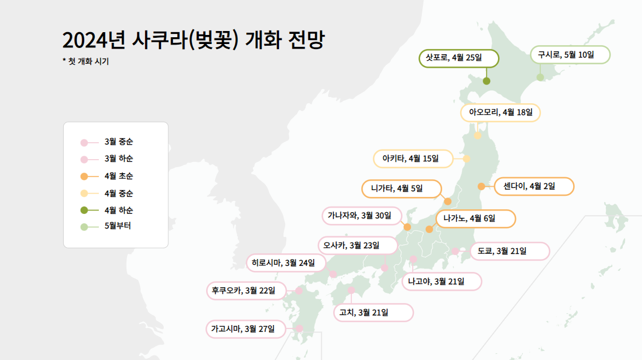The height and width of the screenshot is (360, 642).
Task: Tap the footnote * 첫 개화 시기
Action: click(85, 62)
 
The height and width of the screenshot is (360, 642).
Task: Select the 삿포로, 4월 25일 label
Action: click(458, 58)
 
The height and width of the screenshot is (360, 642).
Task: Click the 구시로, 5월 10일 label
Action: click(570, 55)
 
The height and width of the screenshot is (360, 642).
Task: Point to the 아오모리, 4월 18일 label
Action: click(500, 112)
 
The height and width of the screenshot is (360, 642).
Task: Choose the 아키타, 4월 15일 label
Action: click(413, 159)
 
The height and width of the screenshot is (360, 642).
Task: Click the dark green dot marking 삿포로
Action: click(486, 81)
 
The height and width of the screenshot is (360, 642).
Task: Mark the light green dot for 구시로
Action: click(540, 77)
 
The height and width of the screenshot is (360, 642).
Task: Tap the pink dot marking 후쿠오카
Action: click(299, 291)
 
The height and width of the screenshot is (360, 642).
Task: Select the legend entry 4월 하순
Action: click(118, 210)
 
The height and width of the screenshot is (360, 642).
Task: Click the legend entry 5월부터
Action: click(117, 227)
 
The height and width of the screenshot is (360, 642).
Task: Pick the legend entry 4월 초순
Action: click(118, 176)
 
